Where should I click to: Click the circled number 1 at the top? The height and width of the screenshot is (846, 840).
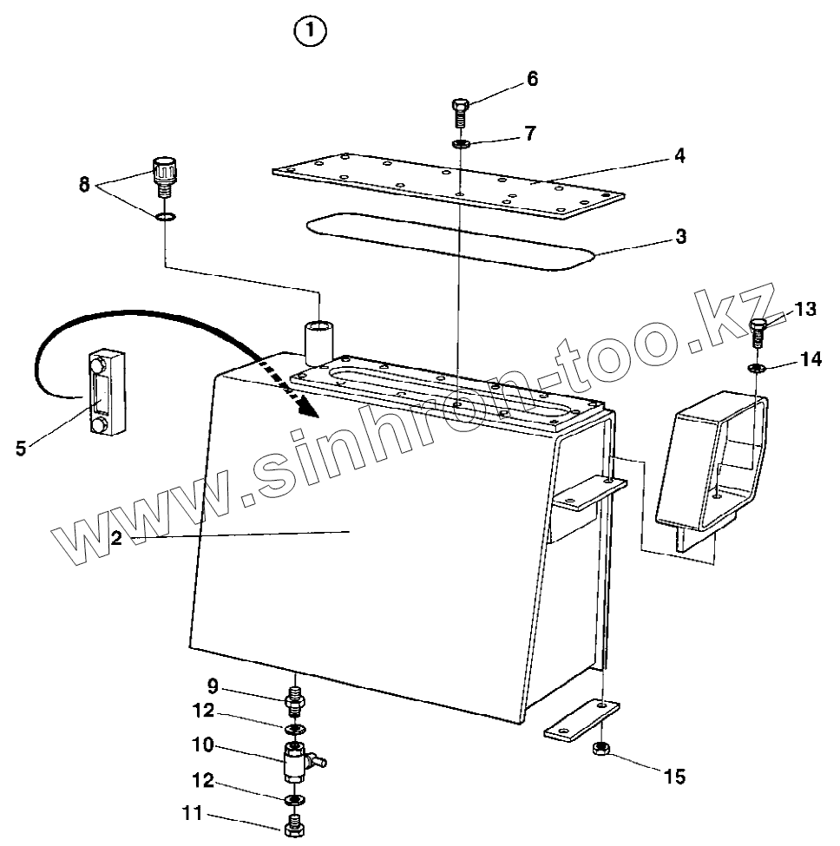pyautogui.click(x=310, y=32)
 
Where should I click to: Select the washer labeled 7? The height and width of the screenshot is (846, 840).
pyautogui.click(x=461, y=142)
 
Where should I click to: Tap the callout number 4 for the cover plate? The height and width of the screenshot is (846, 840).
pyautogui.click(x=681, y=156)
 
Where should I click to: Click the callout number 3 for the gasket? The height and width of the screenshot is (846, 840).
pyautogui.click(x=681, y=236)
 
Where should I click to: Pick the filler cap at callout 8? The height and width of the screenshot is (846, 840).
pyautogui.click(x=163, y=171)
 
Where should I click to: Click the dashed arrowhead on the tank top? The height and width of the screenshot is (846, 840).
pyautogui.click(x=305, y=405)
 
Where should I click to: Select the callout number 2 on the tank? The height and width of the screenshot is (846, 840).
pyautogui.click(x=116, y=538)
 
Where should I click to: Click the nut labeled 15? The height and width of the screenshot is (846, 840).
pyautogui.click(x=600, y=749)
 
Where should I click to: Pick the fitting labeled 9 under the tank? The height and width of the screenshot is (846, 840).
pyautogui.click(x=295, y=698)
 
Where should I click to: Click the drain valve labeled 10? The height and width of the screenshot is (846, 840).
pyautogui.click(x=297, y=761)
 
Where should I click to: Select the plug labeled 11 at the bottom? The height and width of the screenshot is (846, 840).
pyautogui.click(x=294, y=824)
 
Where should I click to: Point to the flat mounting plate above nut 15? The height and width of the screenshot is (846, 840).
pyautogui.click(x=581, y=722)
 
